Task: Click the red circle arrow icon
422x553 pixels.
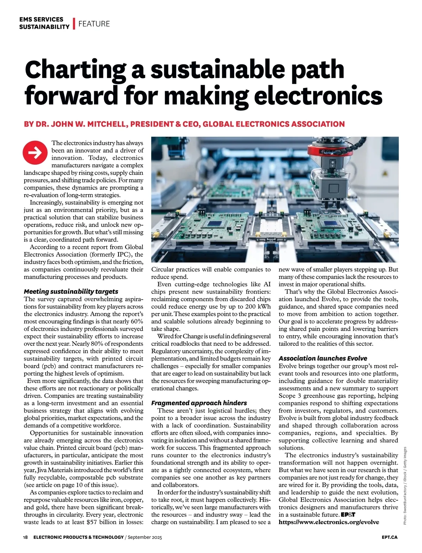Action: tap(35, 152)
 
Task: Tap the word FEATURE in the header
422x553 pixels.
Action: tap(94, 24)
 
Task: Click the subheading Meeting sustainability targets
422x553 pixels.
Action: tap(71, 291)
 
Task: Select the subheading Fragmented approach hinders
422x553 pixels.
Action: tap(199, 403)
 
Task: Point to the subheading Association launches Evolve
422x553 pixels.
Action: tap(323, 358)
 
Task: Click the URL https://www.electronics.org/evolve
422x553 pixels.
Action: tap(329, 522)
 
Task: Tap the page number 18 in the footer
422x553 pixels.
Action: tap(25, 537)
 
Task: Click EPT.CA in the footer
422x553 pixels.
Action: tap(390, 537)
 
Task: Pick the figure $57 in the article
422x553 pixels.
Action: tap(91, 522)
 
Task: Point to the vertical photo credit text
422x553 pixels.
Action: tap(405, 485)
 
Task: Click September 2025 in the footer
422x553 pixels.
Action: tap(145, 537)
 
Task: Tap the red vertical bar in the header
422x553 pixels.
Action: tap(74, 24)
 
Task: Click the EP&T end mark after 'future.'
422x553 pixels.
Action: tap(348, 515)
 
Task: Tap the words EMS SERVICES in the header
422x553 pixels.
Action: tap(41, 19)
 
